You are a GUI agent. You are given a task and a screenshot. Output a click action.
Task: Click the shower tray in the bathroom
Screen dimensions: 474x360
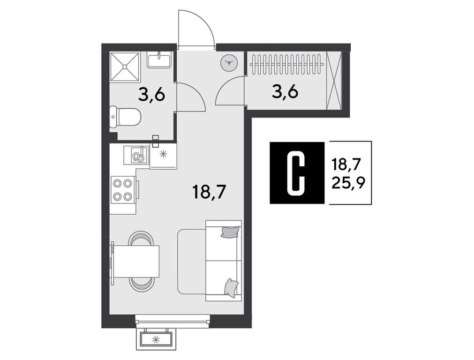click(125, 67)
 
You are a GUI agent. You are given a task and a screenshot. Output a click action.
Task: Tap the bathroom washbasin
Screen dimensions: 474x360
click(159, 60)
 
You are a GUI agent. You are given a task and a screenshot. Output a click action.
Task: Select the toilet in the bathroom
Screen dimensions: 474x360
click(125, 117)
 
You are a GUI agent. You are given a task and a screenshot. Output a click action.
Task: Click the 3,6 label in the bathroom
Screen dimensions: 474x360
click(152, 95)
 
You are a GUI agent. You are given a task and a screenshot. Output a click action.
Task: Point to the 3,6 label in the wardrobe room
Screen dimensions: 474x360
click(285, 91)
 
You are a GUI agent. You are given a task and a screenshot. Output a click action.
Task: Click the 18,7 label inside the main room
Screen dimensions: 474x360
click(209, 192)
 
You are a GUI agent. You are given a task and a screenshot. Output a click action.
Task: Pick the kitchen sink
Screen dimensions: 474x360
click(136, 155)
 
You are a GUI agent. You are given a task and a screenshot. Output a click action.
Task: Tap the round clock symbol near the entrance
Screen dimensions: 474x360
click(229, 63)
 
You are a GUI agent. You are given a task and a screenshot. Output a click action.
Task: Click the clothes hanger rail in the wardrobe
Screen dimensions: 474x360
click(286, 64)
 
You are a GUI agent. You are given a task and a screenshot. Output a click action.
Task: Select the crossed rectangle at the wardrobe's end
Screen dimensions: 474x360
click(334, 80)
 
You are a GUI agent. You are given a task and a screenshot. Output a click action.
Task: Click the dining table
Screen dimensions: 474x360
click(136, 262)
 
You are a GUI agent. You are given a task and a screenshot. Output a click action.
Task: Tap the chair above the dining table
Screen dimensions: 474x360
click(141, 238)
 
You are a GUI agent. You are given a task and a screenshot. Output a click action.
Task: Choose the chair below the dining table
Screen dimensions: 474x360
click(141, 285)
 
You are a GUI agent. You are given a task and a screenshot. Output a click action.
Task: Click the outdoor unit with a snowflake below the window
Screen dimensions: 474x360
click(156, 340)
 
